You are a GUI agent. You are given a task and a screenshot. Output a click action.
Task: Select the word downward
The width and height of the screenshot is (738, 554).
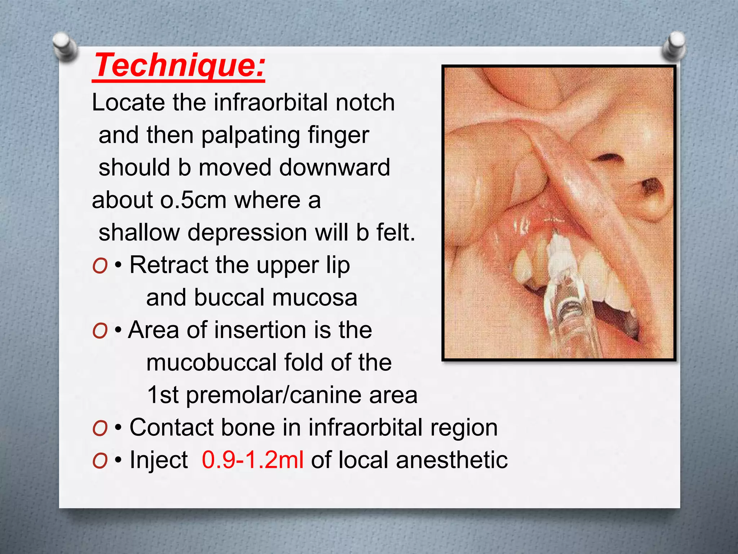pos(335,168)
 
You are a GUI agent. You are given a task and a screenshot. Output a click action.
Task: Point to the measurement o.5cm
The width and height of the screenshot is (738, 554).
pos(194,200)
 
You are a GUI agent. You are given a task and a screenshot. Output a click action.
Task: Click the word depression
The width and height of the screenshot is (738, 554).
pos(247,233)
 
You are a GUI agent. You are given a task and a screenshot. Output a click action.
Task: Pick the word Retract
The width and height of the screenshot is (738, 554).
pos(169,265)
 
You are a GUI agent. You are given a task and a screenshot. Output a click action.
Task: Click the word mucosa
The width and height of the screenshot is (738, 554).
pos(315,298)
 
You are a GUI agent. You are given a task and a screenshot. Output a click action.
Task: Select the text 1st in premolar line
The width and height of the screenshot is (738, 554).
pos(163,395)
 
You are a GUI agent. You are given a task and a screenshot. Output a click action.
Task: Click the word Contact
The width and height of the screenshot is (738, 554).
pos(171,428)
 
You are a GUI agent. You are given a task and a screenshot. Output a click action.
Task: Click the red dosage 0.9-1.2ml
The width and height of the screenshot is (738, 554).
pos(253,460)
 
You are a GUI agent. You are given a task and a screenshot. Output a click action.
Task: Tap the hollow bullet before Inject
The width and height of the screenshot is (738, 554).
pos(100,461)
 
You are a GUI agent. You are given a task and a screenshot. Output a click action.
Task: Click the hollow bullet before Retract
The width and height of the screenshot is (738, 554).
pos(100,266)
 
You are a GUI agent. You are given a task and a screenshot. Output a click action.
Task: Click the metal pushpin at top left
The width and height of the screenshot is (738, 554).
pos(65,46)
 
